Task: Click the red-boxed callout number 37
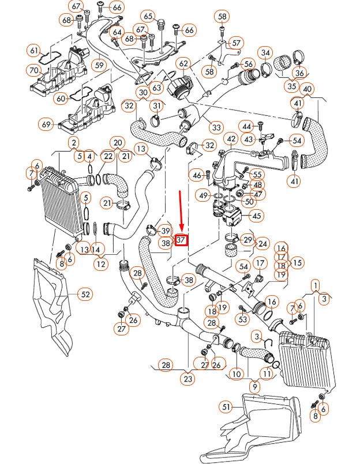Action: (x=182, y=239)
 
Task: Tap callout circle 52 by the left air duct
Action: (x=85, y=295)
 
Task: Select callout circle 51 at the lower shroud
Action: (x=227, y=408)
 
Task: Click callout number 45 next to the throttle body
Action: (x=256, y=216)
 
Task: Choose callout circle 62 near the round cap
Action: (x=183, y=63)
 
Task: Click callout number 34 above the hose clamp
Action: (x=265, y=54)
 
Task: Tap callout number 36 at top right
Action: (x=299, y=73)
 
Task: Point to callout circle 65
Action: (x=148, y=16)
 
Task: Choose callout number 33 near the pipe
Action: (x=216, y=127)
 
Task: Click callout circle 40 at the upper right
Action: (x=307, y=89)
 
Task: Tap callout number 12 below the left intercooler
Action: (x=101, y=265)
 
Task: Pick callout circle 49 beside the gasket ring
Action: (x=203, y=196)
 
